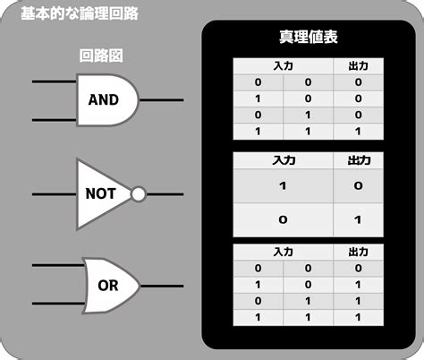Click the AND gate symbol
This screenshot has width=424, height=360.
[x=107, y=100]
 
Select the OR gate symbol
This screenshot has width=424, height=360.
[x=111, y=286]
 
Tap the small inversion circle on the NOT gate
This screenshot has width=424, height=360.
[x=139, y=194]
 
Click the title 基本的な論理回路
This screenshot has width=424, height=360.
[x=80, y=13]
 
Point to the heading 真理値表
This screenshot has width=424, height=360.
[x=309, y=37]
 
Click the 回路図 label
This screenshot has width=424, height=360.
[x=101, y=56]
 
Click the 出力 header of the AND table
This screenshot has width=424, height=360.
[x=359, y=66]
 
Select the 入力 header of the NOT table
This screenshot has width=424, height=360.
[x=284, y=160]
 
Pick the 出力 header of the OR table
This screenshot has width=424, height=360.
[x=359, y=253]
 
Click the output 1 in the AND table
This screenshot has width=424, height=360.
[x=358, y=132]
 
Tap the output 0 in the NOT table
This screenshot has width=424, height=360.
[x=358, y=186]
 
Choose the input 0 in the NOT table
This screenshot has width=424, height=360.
[x=283, y=220]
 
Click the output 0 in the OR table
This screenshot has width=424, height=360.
[x=359, y=268]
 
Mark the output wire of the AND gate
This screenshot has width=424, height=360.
[x=161, y=100]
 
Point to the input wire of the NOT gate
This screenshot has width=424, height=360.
[x=55, y=194]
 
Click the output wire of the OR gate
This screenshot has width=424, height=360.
[x=162, y=286]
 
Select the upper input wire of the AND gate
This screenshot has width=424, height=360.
[x=55, y=81]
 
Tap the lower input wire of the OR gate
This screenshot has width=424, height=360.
[x=58, y=304]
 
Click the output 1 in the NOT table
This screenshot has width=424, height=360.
[x=358, y=220]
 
